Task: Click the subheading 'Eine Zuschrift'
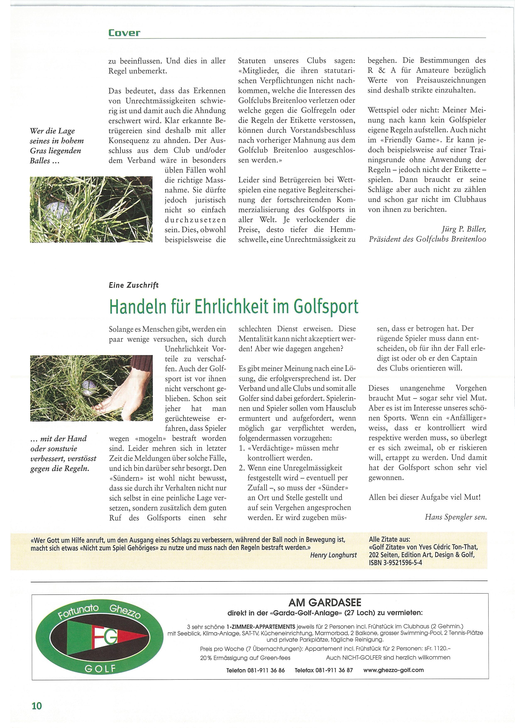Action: click(x=133, y=285)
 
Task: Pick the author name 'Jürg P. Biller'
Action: click(x=463, y=229)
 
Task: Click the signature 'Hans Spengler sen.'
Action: click(x=455, y=517)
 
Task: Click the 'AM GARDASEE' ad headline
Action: click(x=325, y=602)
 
